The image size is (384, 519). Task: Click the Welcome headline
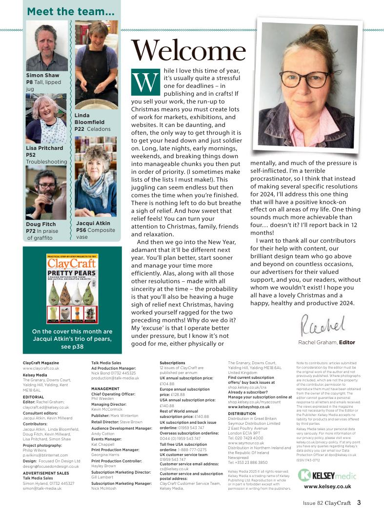189,51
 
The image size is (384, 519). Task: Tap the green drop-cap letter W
145,81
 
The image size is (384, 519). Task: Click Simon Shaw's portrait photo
46,45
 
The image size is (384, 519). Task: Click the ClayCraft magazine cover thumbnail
72,288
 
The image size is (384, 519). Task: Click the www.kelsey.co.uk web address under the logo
327,486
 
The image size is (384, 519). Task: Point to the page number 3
359,502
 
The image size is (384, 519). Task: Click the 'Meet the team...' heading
71,11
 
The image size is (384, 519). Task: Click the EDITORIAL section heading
33,397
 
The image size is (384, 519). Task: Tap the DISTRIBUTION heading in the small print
242,414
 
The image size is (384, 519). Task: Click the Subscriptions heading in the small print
172,363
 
